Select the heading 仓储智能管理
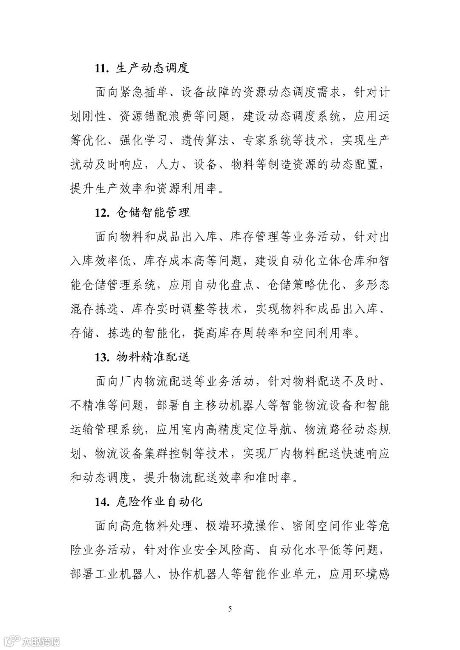(x=153, y=213)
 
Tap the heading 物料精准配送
(x=153, y=357)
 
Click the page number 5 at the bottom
(x=230, y=609)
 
